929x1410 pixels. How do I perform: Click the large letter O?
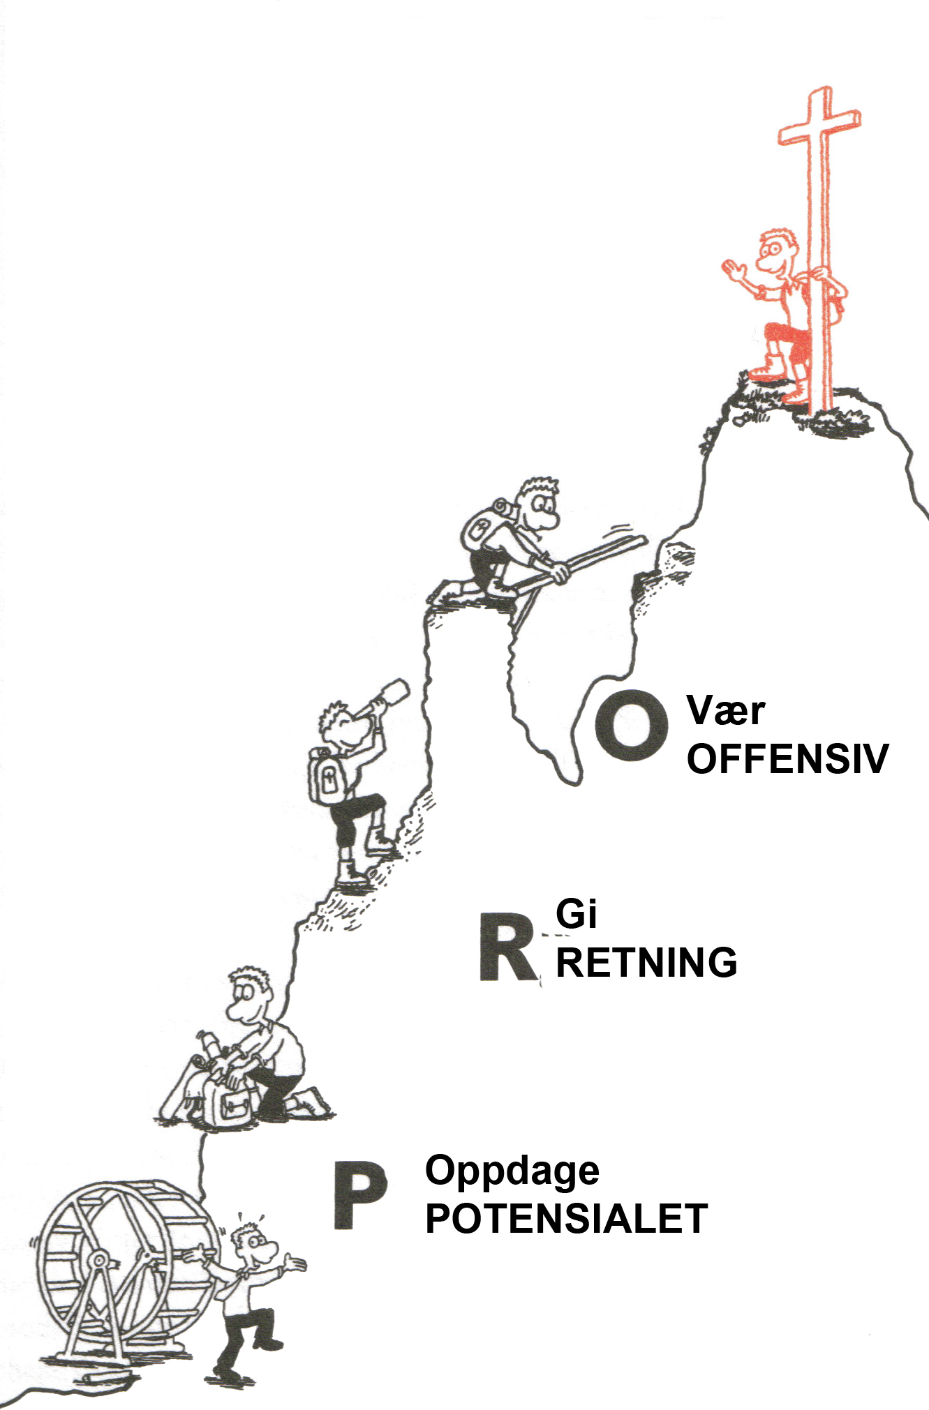click(631, 726)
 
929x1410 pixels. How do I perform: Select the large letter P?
click(359, 1195)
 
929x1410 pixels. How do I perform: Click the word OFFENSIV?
click(787, 758)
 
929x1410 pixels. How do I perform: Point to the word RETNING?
click(646, 962)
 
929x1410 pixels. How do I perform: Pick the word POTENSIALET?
click(567, 1219)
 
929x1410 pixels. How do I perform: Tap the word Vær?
click(726, 710)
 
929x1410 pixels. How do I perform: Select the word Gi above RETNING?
click(576, 913)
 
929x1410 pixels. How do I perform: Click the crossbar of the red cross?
click(819, 128)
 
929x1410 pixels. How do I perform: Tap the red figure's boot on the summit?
click(768, 369)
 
